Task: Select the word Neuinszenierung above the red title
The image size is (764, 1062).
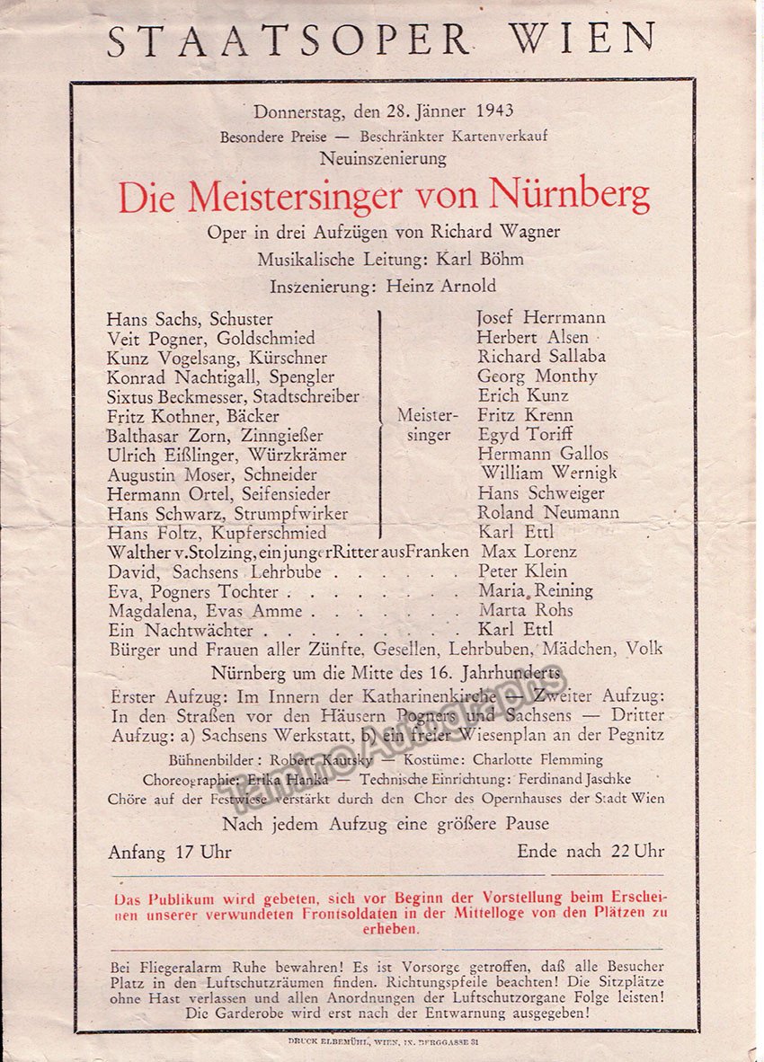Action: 383,159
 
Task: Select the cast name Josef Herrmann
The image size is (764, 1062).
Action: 541,317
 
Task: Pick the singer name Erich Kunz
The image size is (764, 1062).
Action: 523,396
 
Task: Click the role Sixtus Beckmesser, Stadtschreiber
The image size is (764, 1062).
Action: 233,396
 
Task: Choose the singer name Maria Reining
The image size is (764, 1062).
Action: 536,591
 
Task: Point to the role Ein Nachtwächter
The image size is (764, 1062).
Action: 182,631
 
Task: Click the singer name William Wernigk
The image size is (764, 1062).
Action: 548,473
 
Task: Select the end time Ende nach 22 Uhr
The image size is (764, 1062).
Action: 591,852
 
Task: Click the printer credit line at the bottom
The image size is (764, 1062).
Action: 382,1043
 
